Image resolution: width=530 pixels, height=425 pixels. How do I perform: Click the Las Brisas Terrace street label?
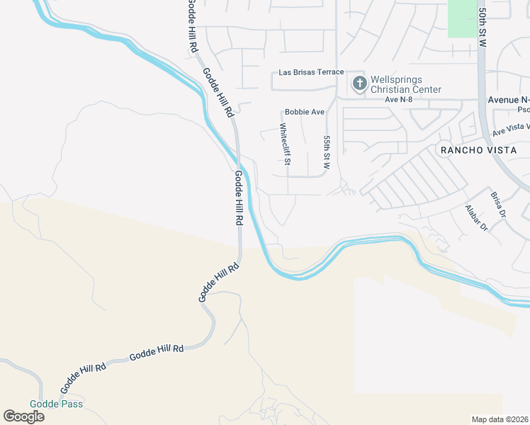coord(311,72)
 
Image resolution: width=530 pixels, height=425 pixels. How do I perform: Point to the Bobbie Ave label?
coord(304,112)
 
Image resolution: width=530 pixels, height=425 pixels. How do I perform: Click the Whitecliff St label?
coord(285,144)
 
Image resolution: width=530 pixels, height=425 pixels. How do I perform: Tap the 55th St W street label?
coord(327,152)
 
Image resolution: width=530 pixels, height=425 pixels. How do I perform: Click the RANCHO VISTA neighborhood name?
coord(475,150)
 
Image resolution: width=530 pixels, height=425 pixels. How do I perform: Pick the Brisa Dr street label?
coord(497,205)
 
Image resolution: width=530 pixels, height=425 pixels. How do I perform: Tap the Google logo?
coord(23,416)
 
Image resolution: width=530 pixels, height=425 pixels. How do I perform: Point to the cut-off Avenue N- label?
coord(509,100)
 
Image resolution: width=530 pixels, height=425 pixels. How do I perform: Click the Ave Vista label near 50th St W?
coord(511,128)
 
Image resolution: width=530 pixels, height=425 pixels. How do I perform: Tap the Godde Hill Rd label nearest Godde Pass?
coord(83,377)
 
